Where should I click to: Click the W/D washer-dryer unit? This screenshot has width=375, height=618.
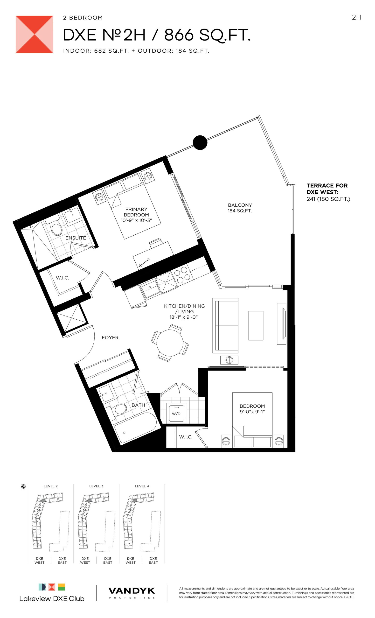click(176, 413)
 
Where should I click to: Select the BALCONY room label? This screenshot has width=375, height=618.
click(240, 205)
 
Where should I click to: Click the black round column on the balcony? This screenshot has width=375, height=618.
click(200, 142)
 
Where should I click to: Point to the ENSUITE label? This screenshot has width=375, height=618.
click(76, 238)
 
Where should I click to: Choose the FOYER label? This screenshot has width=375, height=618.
click(110, 337)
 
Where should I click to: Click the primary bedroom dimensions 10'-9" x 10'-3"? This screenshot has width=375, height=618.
click(136, 220)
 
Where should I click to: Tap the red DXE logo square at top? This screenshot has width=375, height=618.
click(34, 34)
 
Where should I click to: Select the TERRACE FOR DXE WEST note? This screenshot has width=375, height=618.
click(328, 192)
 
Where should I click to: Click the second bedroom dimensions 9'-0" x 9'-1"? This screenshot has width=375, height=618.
click(252, 412)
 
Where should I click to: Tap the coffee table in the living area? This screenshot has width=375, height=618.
click(256, 326)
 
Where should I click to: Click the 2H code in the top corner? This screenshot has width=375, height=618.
click(356, 17)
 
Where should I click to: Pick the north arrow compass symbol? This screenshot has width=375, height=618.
click(23, 487)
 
